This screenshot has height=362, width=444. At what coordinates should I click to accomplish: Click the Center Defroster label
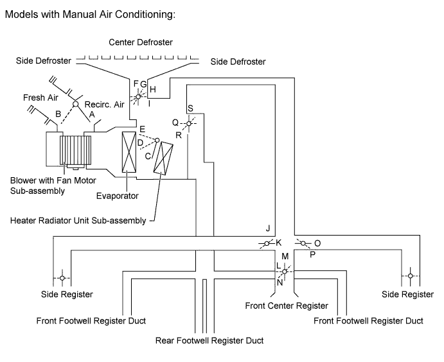[x=141, y=42]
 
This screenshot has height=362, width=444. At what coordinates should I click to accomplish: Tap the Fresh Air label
[x=41, y=97]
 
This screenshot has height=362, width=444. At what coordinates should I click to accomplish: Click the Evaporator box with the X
[x=129, y=151]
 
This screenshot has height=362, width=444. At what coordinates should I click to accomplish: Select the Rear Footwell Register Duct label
[x=209, y=340]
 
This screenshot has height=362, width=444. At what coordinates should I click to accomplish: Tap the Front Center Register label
[x=287, y=306]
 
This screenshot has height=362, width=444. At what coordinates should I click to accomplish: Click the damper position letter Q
[x=175, y=122]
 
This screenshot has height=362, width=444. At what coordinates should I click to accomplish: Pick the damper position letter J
[x=267, y=228]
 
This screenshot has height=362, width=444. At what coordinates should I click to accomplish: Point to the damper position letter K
[x=279, y=243]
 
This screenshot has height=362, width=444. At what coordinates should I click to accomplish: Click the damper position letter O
[x=317, y=243]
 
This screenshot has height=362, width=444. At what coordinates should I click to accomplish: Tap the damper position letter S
[x=190, y=108]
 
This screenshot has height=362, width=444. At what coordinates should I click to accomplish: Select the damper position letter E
[x=141, y=128]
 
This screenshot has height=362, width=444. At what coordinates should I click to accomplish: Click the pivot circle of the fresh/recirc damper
[x=75, y=104]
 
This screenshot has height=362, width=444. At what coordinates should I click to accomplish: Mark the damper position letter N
[x=280, y=282]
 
